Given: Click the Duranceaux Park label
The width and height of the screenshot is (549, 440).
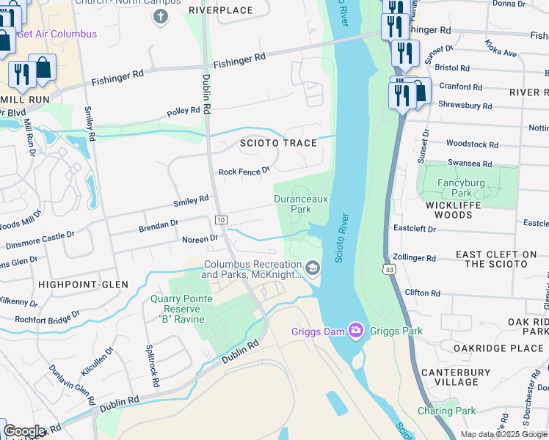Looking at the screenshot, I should [301, 203].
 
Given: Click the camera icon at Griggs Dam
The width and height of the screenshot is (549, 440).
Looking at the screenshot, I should [357, 331].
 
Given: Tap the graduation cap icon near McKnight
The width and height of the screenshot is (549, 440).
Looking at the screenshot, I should [313, 268].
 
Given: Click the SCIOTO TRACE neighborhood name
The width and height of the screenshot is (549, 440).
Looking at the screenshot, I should [278, 143].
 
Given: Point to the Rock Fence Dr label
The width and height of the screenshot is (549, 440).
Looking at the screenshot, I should [244, 172].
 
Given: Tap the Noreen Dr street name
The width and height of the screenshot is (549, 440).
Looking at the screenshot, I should [200, 238].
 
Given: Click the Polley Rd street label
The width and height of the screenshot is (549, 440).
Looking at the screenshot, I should [183, 111].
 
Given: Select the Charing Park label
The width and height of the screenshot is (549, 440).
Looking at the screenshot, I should [447, 411].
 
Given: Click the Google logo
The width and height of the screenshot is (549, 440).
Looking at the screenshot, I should [24, 431].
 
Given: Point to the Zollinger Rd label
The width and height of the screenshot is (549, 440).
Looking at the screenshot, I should [414, 258].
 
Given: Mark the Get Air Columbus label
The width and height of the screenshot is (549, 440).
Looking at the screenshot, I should [56, 34].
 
